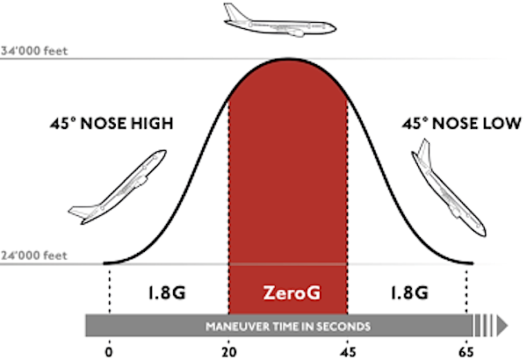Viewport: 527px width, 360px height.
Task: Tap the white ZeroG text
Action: (x=287, y=292)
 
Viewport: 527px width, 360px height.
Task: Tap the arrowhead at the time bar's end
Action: (x=502, y=325)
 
